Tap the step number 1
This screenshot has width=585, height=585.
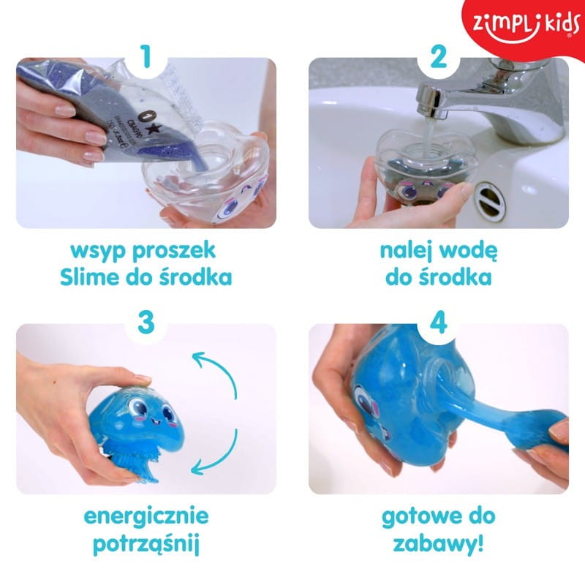(x=147, y=58)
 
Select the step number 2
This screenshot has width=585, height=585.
(x=438, y=58)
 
